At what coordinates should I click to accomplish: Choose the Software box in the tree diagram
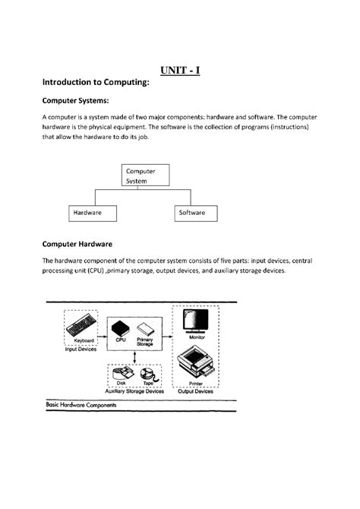[191, 213]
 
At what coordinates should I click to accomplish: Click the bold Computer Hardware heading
[77, 245]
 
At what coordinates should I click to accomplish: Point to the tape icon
[150, 375]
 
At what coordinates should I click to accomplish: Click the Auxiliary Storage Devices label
[134, 392]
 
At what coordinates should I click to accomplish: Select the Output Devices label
[195, 392]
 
